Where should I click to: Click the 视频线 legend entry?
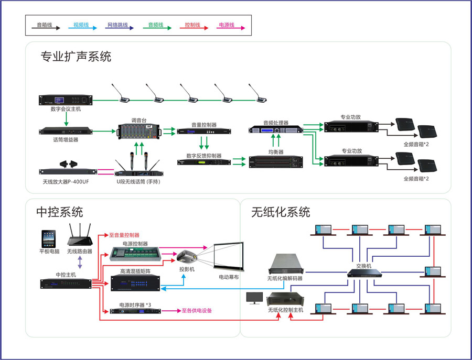81,25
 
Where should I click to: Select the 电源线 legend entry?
226,25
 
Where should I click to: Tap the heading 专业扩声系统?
76,57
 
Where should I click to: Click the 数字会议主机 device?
66,100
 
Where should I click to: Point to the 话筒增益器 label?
66,140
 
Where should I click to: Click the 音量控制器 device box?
197,131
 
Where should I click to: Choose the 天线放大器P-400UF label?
66,181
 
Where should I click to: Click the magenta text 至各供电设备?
197,311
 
